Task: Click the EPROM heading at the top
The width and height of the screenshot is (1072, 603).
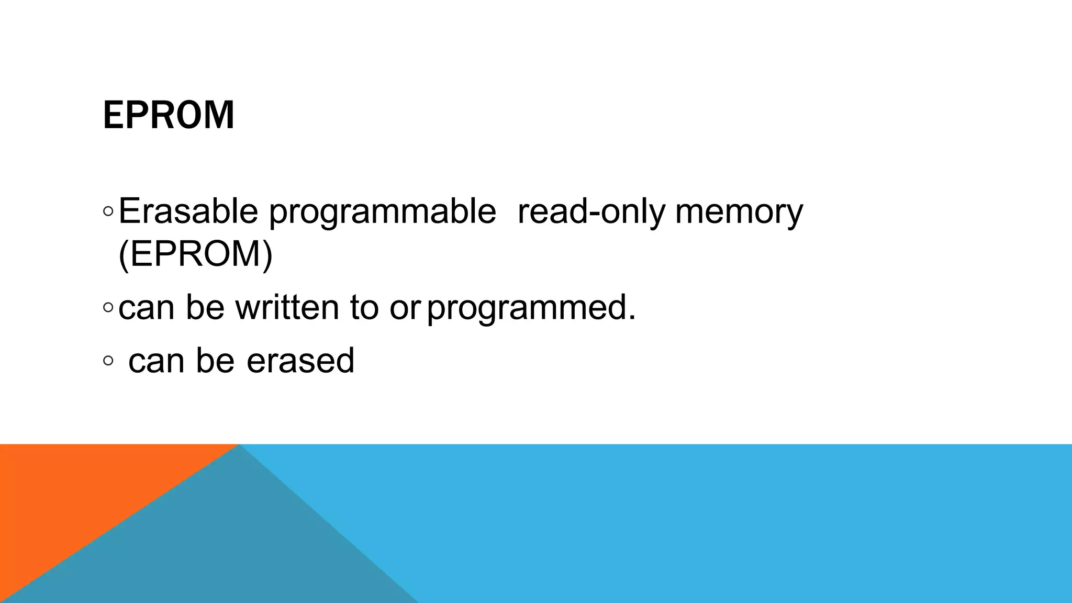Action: click(x=169, y=115)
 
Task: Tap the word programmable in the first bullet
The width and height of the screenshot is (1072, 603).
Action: click(x=382, y=213)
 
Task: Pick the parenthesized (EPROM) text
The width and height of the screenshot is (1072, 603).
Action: click(x=196, y=254)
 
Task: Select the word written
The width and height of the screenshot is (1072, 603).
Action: click(x=287, y=307)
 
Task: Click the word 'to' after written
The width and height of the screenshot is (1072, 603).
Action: click(x=364, y=308)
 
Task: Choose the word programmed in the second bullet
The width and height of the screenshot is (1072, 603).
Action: click(x=531, y=308)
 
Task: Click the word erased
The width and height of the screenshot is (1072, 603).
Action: click(x=300, y=361)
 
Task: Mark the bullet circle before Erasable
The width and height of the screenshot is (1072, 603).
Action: click(x=108, y=212)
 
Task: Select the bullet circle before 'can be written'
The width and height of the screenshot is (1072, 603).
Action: click(x=108, y=308)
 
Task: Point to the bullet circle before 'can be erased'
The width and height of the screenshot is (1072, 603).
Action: click(x=108, y=361)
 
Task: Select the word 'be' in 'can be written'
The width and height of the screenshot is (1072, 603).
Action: click(x=205, y=307)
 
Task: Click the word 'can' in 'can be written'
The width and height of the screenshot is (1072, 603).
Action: click(x=146, y=308)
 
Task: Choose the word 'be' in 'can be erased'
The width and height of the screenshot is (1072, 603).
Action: click(x=215, y=361)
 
